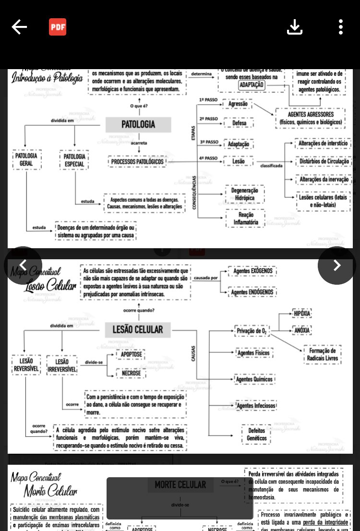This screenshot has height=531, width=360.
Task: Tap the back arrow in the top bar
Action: [x=19, y=27]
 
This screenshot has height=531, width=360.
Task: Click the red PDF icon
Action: [x=58, y=27]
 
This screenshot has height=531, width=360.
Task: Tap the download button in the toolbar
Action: [x=295, y=27]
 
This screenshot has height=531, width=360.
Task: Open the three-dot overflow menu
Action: [x=340, y=27]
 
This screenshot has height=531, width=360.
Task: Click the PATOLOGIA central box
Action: [x=138, y=125]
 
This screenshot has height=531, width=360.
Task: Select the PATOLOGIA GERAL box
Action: [x=26, y=160]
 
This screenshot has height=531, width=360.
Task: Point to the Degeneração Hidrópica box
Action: [x=245, y=194]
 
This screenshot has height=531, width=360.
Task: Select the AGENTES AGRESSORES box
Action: [x=311, y=118]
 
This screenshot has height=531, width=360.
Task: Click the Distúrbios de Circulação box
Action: [x=324, y=162]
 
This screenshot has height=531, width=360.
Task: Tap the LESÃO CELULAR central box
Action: [x=138, y=330]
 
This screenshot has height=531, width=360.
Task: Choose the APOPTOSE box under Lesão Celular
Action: [x=131, y=355]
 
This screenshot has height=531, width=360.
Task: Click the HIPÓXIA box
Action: [x=302, y=314]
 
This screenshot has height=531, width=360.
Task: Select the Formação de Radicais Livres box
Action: [x=323, y=354]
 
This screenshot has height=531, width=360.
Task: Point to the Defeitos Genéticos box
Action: [x=256, y=434]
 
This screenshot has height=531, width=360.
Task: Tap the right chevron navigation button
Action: [x=336, y=265]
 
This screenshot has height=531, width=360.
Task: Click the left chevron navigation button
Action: [x=23, y=265]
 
